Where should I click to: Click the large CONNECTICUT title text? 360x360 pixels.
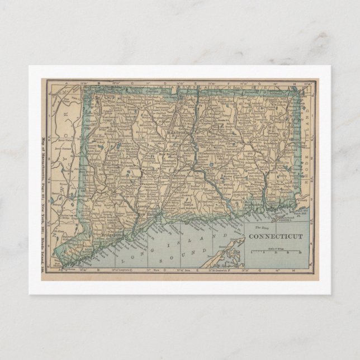tap(275, 236)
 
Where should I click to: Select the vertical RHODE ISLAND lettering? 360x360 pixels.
tap(306, 140)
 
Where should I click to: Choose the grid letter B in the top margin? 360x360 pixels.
tap(98, 84)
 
